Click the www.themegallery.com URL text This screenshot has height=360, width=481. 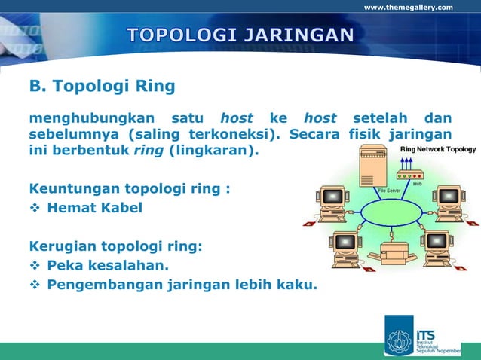point(409,8)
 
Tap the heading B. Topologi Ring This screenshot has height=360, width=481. point(102,87)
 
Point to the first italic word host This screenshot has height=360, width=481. point(237,118)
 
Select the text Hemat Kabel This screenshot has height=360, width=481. point(94,206)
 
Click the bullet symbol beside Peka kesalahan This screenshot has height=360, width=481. point(35,266)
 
